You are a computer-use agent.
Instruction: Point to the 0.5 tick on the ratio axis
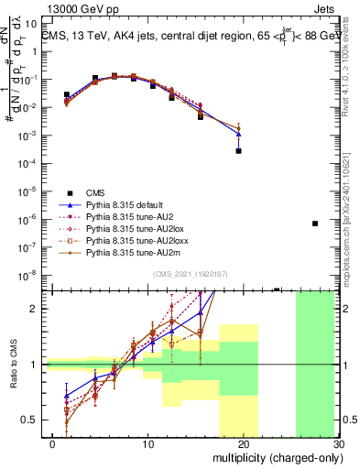click(x=32, y=420)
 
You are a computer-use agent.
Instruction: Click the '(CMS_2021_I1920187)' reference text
click(x=191, y=273)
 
